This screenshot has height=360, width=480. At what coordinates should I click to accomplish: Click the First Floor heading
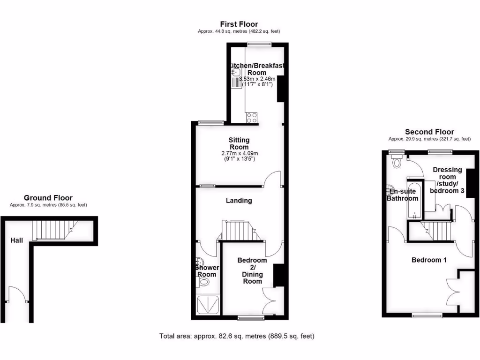tap(239, 24)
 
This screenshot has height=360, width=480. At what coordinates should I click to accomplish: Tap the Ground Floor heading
tap(48, 198)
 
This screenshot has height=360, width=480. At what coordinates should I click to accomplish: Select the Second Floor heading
tap(429, 132)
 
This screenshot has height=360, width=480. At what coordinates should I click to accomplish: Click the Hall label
tap(16, 240)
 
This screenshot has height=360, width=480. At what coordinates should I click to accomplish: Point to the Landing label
tap(239, 201)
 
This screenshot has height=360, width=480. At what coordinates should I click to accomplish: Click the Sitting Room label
tap(239, 143)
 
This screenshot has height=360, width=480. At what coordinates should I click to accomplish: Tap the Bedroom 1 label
tap(429, 260)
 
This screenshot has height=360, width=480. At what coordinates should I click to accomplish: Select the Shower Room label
tap(207, 271)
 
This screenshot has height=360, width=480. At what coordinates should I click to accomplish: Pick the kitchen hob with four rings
tap(251, 117)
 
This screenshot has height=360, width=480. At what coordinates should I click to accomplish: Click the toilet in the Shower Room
tap(204, 282)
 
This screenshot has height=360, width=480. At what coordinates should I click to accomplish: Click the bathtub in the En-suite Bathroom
tap(413, 199)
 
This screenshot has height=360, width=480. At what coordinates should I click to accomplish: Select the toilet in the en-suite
tap(397, 163)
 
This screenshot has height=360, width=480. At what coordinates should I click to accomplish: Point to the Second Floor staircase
tap(436, 231)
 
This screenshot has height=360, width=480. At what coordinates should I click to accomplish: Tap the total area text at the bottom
tap(237, 336)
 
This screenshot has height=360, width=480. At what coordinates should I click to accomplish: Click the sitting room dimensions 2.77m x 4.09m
tap(240, 153)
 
